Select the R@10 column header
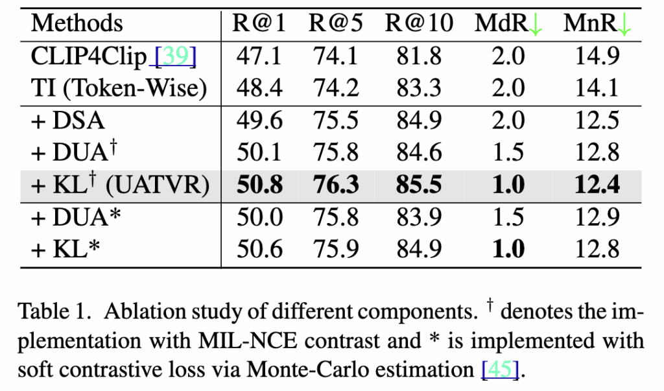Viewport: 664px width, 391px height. (419, 24)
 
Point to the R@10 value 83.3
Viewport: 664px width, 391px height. (419, 88)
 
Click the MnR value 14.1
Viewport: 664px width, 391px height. (597, 88)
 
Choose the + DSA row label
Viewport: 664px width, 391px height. (68, 121)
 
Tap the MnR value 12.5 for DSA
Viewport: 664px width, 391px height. (597, 121)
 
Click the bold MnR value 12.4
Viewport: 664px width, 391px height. (597, 185)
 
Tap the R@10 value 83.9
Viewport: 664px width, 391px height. (419, 217)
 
